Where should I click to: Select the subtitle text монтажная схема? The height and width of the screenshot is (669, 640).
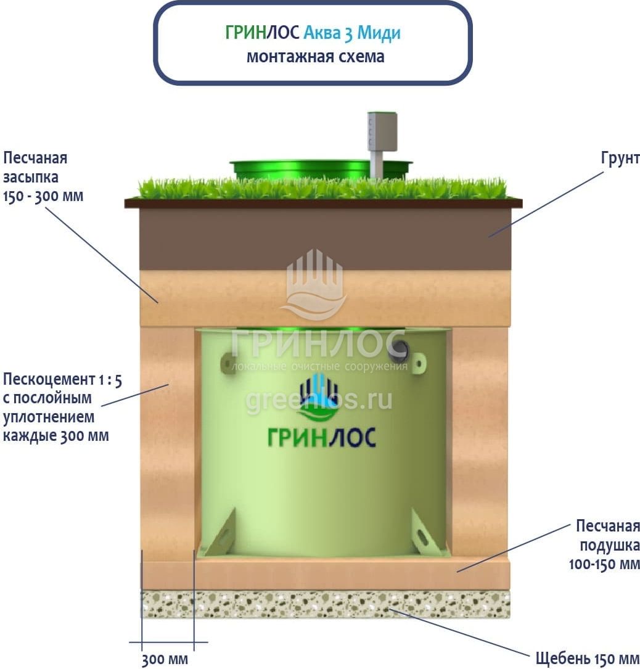tap(315, 57)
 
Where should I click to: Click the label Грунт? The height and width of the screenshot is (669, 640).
tap(620, 158)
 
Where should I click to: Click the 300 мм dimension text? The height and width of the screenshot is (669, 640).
tap(165, 659)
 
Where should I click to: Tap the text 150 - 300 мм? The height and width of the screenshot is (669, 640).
tap(43, 197)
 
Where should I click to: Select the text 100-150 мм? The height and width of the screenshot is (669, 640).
tap(604, 564)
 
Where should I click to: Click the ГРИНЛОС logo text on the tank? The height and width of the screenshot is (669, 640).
tap(321, 436)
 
